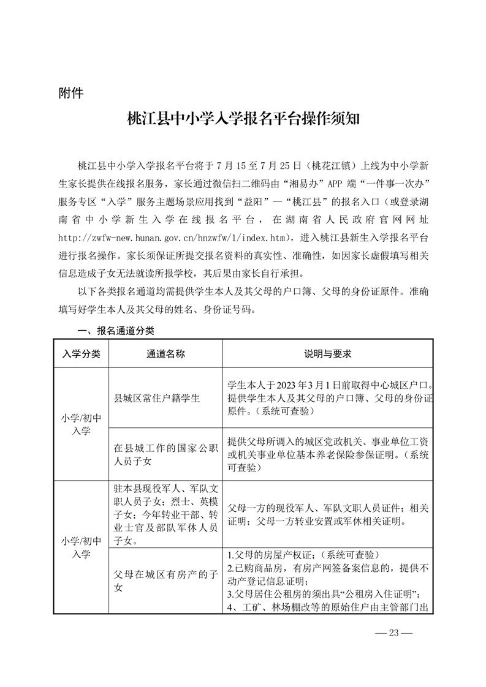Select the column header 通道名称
click(165, 354)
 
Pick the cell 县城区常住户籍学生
click(157, 397)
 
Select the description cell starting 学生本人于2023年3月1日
click(330, 397)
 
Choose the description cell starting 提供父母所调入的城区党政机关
click(330, 454)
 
